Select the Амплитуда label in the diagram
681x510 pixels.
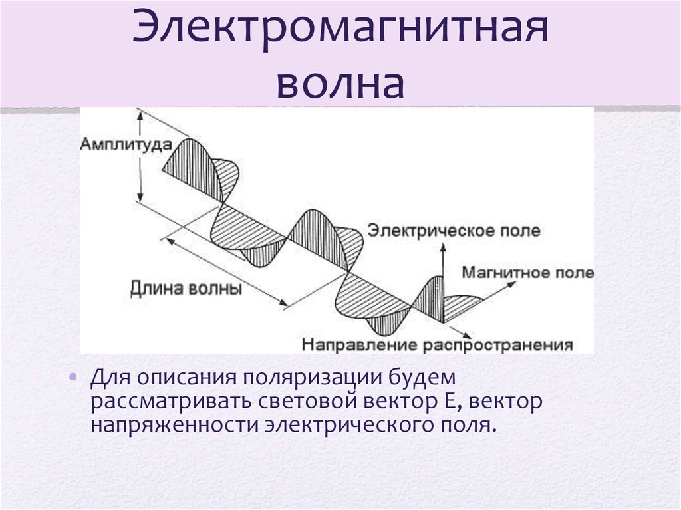126,145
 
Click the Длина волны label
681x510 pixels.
186,289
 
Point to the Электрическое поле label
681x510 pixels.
454,230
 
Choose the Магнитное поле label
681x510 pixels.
527,273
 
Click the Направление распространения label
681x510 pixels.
438,345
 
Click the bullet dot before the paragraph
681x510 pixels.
73,376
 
